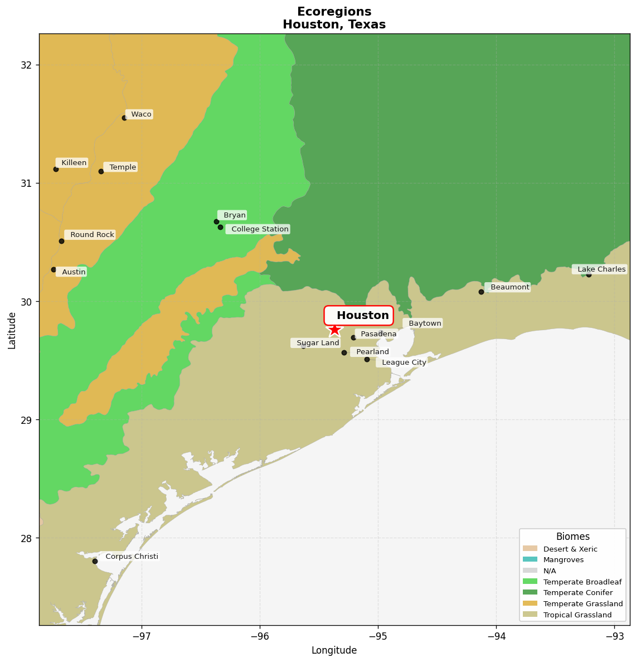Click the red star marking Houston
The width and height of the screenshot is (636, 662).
pyautogui.click(x=334, y=330)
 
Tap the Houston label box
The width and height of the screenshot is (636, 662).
pyautogui.click(x=359, y=316)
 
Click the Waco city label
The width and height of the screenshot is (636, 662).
pyautogui.click(x=139, y=114)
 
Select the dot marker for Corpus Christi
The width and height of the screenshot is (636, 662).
pyautogui.click(x=95, y=561)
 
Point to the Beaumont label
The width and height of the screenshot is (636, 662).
pyautogui.click(x=508, y=287)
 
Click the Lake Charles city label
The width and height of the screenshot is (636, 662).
pyautogui.click(x=600, y=269)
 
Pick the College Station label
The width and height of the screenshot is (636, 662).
pyautogui.click(x=258, y=229)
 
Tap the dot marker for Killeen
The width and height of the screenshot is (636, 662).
pyautogui.click(x=56, y=169)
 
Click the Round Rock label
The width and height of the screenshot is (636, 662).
pyautogui.click(x=90, y=235)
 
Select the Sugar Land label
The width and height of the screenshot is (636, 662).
pyautogui.click(x=316, y=343)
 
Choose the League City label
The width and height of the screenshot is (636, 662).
pyautogui.click(x=402, y=363)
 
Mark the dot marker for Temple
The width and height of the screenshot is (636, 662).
pyautogui.click(x=101, y=171)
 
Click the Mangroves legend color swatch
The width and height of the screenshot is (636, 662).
pyautogui.click(x=530, y=560)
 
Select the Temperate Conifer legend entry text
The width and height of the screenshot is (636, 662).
pyautogui.click(x=577, y=593)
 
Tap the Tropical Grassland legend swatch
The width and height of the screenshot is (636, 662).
pyautogui.click(x=530, y=615)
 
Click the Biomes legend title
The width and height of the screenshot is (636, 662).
pyautogui.click(x=572, y=537)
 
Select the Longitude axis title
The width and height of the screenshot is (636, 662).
pyautogui.click(x=334, y=650)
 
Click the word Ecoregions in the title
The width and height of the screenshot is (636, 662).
pyautogui.click(x=334, y=12)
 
